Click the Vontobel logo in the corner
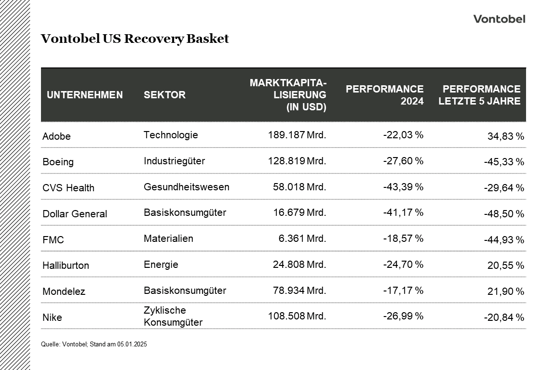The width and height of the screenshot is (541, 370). coord(499,19)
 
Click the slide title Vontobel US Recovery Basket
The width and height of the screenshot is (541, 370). coord(135,39)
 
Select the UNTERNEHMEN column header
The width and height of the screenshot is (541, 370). coord(85,95)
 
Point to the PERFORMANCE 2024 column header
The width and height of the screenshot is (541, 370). coord(384,95)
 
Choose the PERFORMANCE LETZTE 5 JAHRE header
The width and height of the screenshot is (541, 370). coord(479,95)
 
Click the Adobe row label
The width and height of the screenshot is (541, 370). coord(56,136)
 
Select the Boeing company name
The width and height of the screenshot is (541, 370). coord(58,162)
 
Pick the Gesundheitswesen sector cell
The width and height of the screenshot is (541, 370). coord(186,186)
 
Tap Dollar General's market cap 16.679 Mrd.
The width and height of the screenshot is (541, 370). coord(297,212)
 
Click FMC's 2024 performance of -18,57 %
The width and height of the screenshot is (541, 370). coord(403,238)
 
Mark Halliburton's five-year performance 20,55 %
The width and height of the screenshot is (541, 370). coord(505,265)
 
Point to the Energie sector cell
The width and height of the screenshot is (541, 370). coord(161,264)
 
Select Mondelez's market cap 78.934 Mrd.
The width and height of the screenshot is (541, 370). coord(297,291)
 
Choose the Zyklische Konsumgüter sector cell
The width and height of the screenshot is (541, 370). coord(173,316)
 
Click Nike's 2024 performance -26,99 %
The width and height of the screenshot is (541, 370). coord(403,316)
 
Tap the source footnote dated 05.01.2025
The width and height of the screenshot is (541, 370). coord(94,344)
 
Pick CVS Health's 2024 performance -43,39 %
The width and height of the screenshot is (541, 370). coord(403,186)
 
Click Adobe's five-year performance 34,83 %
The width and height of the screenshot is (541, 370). coord(505,136)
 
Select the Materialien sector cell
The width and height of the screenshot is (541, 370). coord(168,238)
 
